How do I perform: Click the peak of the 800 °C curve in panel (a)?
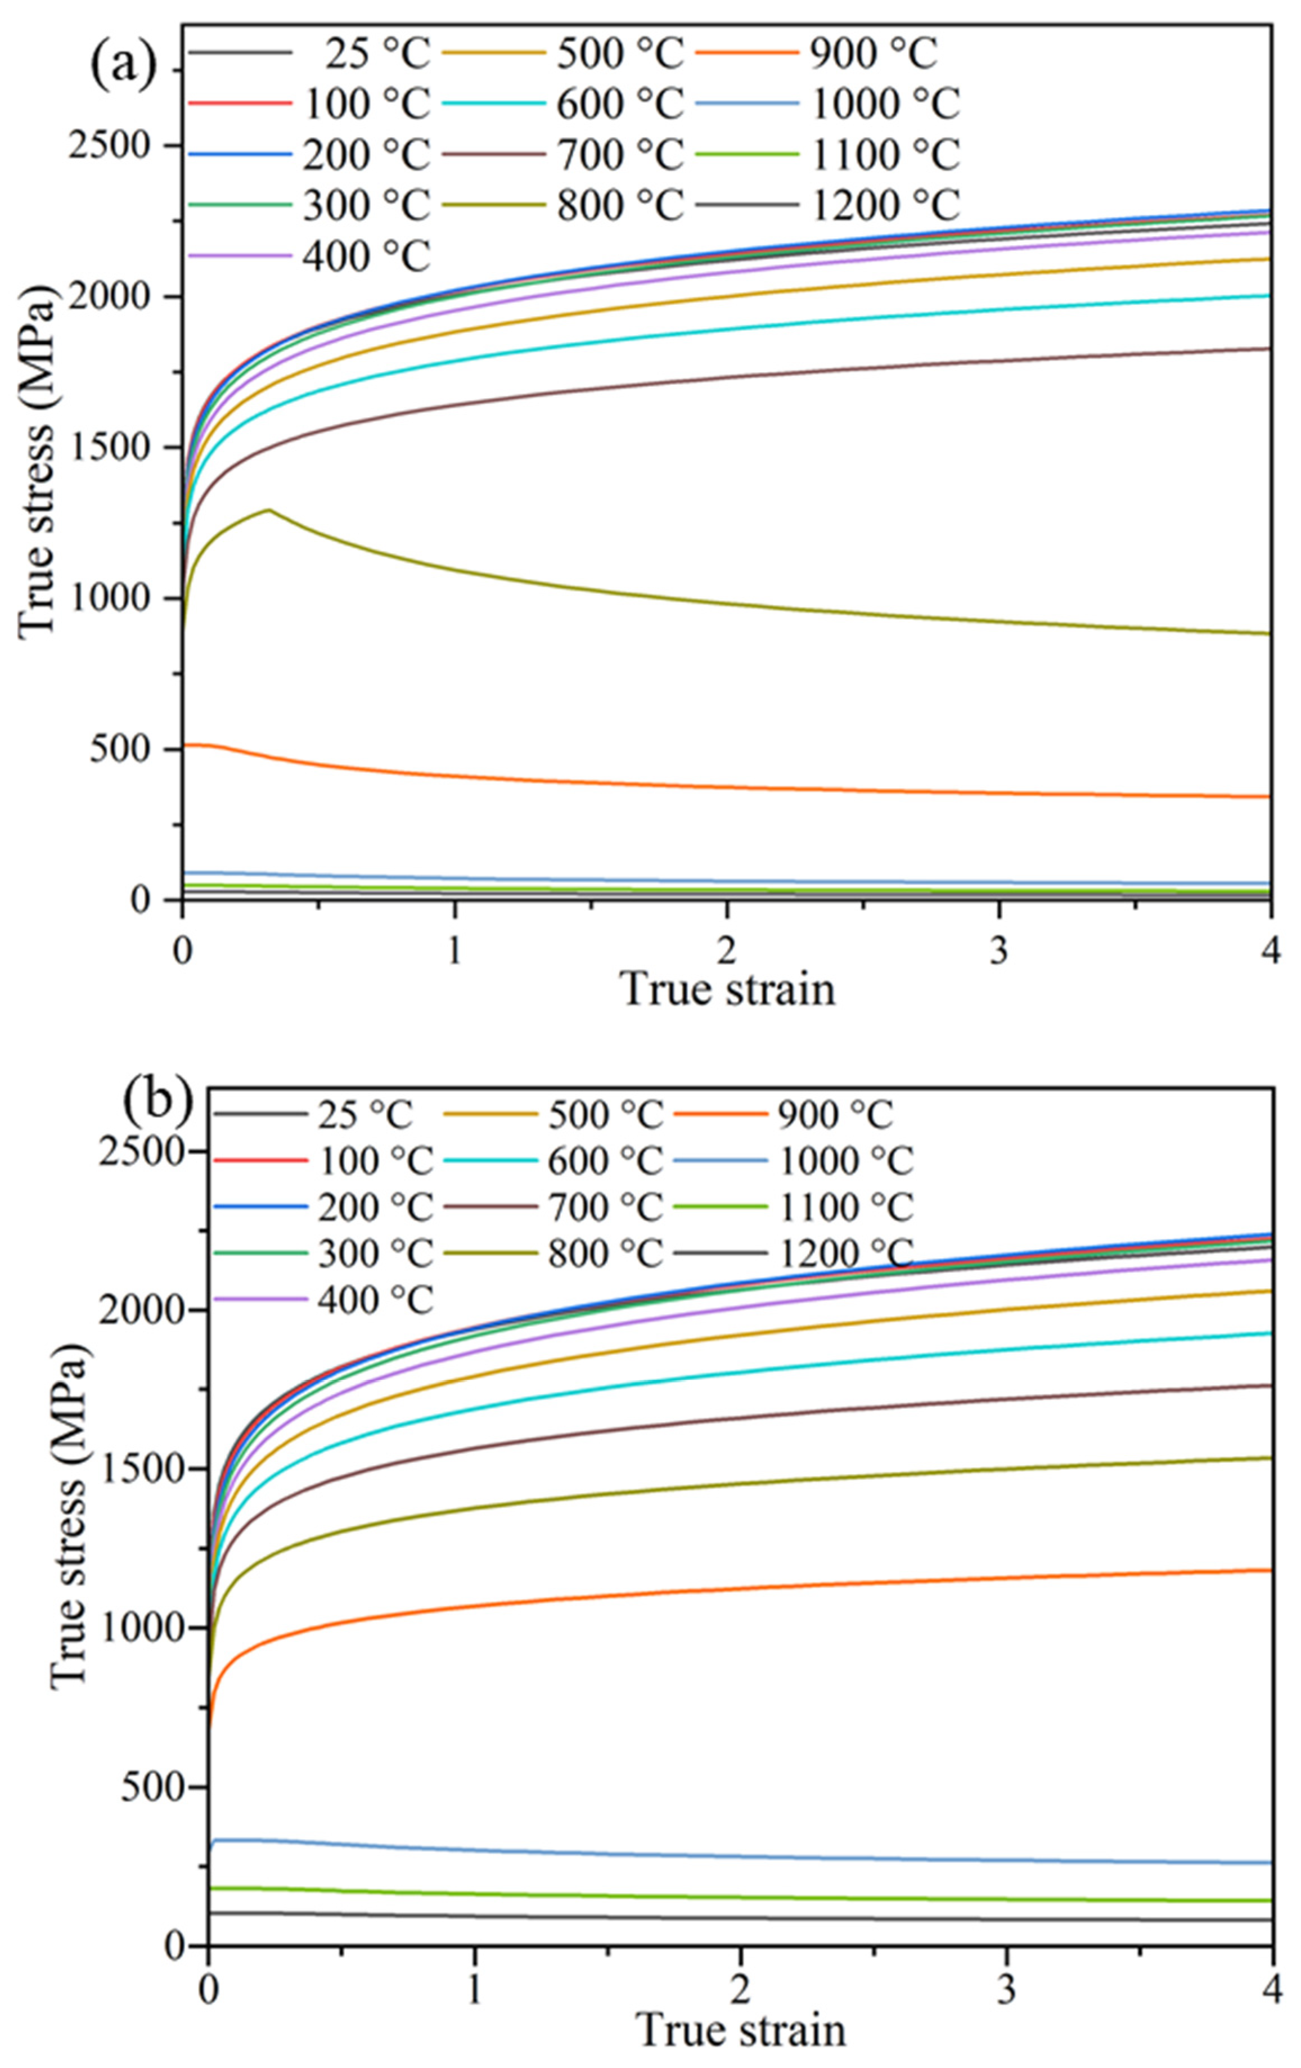269,510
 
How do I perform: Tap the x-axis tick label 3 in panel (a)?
998,950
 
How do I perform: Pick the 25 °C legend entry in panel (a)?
375,54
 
